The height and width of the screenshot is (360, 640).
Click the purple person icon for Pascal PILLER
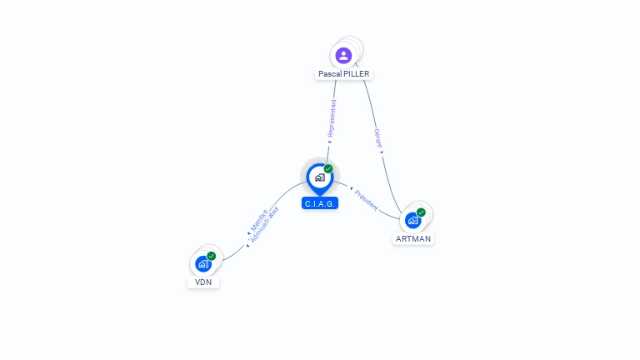click(x=343, y=56)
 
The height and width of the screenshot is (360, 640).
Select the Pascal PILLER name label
click(x=343, y=74)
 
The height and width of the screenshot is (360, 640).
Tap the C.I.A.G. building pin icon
click(x=319, y=177)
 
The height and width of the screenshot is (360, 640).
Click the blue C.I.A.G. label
click(x=320, y=203)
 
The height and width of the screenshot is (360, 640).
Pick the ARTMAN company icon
click(x=412, y=221)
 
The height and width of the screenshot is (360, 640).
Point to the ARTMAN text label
click(x=413, y=239)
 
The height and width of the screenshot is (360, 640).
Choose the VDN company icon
click(x=202, y=263)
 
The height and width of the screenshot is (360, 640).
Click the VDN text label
click(x=203, y=282)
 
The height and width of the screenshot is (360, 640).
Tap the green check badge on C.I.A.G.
click(x=328, y=168)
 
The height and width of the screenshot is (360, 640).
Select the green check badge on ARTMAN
click(x=421, y=212)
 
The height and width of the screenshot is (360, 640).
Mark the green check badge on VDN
click(x=212, y=256)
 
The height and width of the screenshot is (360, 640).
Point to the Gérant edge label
click(x=377, y=138)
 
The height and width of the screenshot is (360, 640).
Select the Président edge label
click(x=366, y=200)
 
